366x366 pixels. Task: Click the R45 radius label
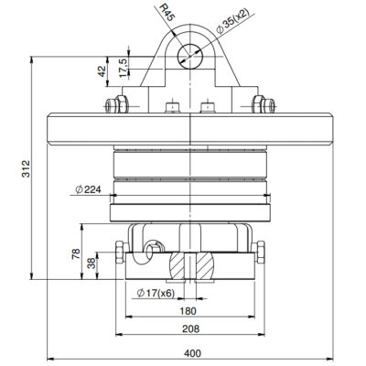point(167,12)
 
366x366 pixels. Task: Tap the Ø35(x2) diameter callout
point(232,21)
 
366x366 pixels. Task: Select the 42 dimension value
point(102,71)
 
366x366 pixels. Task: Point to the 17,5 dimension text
point(124,68)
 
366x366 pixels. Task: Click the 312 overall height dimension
point(26,168)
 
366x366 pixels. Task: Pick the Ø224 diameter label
point(88,189)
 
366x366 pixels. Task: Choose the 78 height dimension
point(76,253)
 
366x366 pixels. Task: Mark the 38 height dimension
point(91,263)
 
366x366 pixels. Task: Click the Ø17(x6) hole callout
point(156,294)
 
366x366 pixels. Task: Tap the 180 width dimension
point(188,311)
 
